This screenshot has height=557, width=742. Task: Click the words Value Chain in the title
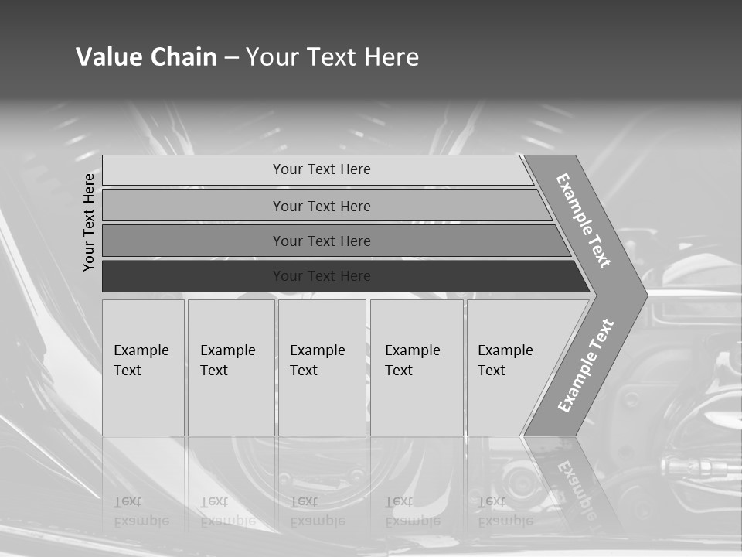[146, 56]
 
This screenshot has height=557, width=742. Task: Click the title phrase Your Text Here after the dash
[332, 56]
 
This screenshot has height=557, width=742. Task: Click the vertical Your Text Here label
[90, 222]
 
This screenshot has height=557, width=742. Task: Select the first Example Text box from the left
[143, 367]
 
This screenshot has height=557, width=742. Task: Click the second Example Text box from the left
[231, 367]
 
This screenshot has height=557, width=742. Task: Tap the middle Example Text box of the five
[322, 367]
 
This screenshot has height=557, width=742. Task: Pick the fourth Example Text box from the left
[417, 367]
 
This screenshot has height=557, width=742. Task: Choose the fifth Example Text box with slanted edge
[510, 367]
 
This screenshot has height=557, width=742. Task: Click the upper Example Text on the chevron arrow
[584, 220]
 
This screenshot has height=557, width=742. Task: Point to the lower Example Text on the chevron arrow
[585, 366]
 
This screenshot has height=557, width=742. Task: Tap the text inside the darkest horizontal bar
[322, 276]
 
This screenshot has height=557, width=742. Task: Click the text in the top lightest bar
[322, 169]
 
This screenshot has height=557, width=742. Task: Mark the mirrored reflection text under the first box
[141, 511]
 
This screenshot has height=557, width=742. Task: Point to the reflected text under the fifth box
[505, 511]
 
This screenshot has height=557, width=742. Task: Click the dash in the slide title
[231, 57]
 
